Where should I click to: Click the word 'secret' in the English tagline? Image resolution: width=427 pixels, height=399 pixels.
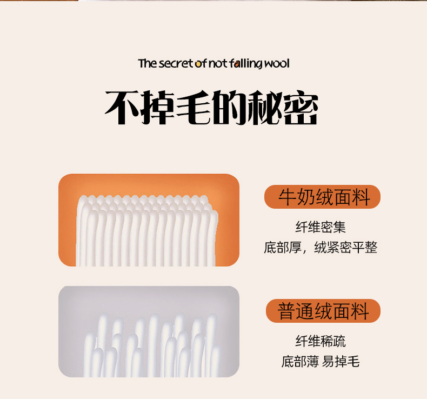pyautogui.click(x=176, y=63)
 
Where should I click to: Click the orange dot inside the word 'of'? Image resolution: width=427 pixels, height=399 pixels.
pyautogui.click(x=198, y=64)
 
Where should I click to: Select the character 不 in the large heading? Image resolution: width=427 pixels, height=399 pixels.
pyautogui.click(x=123, y=108)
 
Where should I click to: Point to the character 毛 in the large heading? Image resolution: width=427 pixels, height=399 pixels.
pyautogui.click(x=194, y=108)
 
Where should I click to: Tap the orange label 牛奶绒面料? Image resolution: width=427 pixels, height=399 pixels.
pyautogui.click(x=323, y=197)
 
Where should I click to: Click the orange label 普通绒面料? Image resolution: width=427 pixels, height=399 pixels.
pyautogui.click(x=323, y=311)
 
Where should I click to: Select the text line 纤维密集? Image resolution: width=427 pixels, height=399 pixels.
pyautogui.click(x=321, y=227)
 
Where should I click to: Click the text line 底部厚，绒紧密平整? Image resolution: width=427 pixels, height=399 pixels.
pyautogui.click(x=321, y=247)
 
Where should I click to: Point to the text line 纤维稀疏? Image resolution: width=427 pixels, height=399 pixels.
pyautogui.click(x=321, y=341)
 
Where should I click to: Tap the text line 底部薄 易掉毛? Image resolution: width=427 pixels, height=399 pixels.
pyautogui.click(x=321, y=361)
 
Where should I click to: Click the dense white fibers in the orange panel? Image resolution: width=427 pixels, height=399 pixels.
pyautogui.click(x=147, y=230)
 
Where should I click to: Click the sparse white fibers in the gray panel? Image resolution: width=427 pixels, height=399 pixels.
pyautogui.click(x=151, y=345)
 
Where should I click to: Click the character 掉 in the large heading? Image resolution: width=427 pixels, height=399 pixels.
pyautogui.click(x=158, y=108)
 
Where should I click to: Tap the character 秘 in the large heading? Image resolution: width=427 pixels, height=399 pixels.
pyautogui.click(x=265, y=108)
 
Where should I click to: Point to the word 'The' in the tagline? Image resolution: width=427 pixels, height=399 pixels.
pyautogui.click(x=148, y=63)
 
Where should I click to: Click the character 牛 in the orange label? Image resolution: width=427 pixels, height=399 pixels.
pyautogui.click(x=288, y=197)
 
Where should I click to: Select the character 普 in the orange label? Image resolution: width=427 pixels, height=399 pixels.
pyautogui.click(x=287, y=311)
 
